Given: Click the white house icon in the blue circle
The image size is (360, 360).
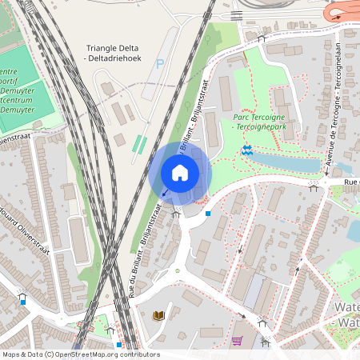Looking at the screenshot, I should pos(180,172).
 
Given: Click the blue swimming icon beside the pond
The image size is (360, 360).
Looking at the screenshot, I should pos(247,150).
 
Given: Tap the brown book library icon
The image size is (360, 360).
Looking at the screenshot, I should pos(158,315).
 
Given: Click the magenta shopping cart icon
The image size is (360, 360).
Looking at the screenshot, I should pos(237,341).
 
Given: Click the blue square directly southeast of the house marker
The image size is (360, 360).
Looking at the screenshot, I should pos(208,214).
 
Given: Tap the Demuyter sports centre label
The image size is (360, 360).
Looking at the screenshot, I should pos(16,88).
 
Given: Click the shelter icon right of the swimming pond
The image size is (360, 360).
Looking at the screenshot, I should pos(314,186).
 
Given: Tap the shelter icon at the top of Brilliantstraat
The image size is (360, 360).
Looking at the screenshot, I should pos(261,37).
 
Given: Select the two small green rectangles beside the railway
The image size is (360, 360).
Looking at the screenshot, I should pos(139,145).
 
